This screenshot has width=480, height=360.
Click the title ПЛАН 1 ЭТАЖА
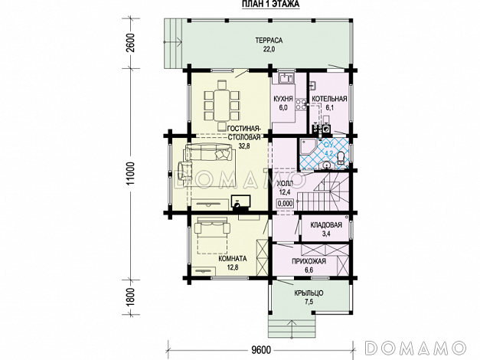point(270,4)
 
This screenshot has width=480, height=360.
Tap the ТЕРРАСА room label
point(269,40)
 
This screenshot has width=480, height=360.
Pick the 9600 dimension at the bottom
point(262,349)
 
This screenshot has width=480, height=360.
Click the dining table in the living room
point(222,105)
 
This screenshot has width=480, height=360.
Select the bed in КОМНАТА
point(211,235)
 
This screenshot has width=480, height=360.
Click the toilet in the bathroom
point(341,158)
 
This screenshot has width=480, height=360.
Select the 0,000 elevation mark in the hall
point(285,203)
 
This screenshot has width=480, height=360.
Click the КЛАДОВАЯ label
point(326,225)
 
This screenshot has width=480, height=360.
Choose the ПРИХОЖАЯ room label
point(309,261)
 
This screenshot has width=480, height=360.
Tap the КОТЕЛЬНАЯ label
point(329,99)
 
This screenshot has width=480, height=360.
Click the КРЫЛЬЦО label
point(309,293)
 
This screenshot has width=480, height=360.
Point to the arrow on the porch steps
point(292,329)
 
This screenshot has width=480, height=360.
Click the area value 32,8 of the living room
point(244,146)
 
